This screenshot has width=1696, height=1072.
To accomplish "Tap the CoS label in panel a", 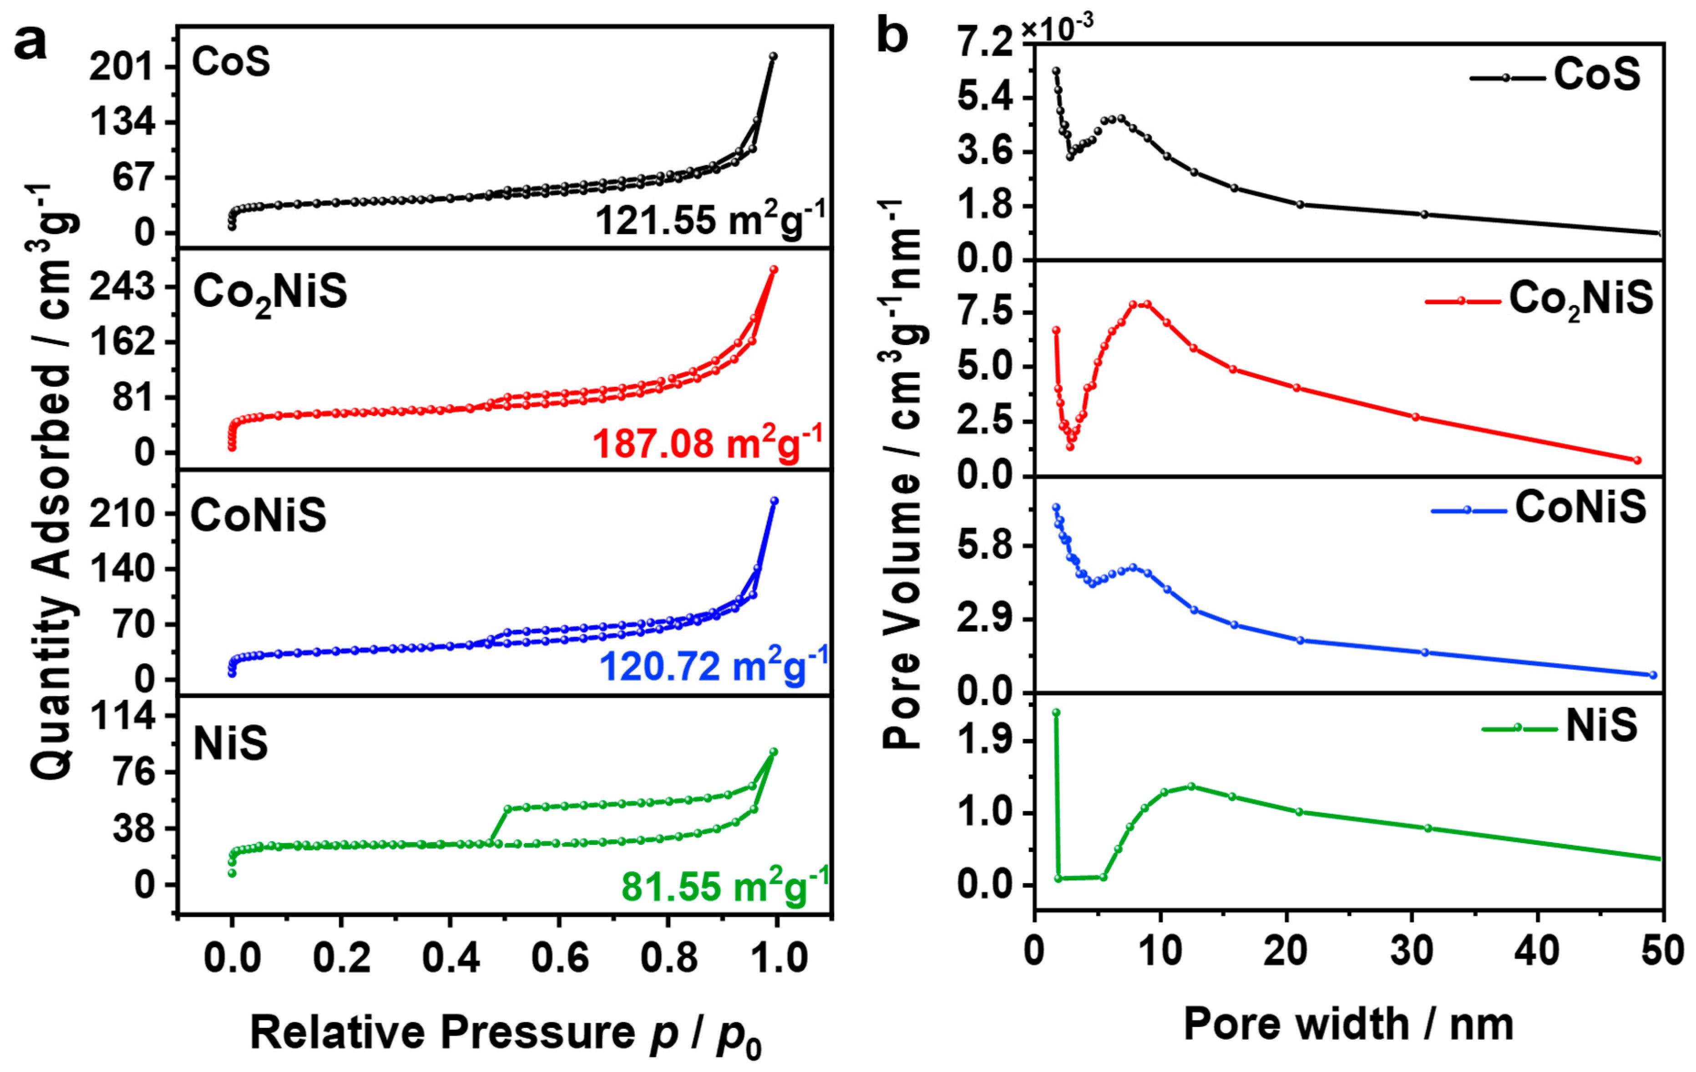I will click(x=231, y=63).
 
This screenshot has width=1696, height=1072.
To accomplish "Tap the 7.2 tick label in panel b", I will click(x=986, y=44).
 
